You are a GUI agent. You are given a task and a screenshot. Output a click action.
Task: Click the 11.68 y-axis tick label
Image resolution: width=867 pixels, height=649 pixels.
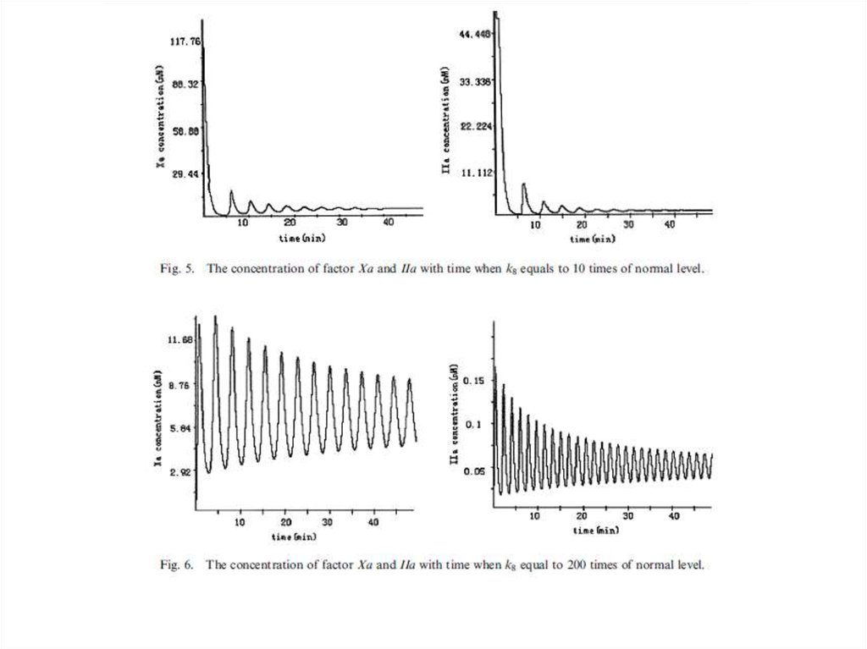pyautogui.click(x=182, y=339)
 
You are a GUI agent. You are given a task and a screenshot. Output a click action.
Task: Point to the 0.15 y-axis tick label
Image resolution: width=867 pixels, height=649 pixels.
pyautogui.click(x=477, y=381)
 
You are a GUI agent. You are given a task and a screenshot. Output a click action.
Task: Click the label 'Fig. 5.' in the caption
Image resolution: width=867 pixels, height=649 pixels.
pyautogui.click(x=176, y=269)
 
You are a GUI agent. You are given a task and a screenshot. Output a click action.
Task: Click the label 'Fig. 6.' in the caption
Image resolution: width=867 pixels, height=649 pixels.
pyautogui.click(x=176, y=564)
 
